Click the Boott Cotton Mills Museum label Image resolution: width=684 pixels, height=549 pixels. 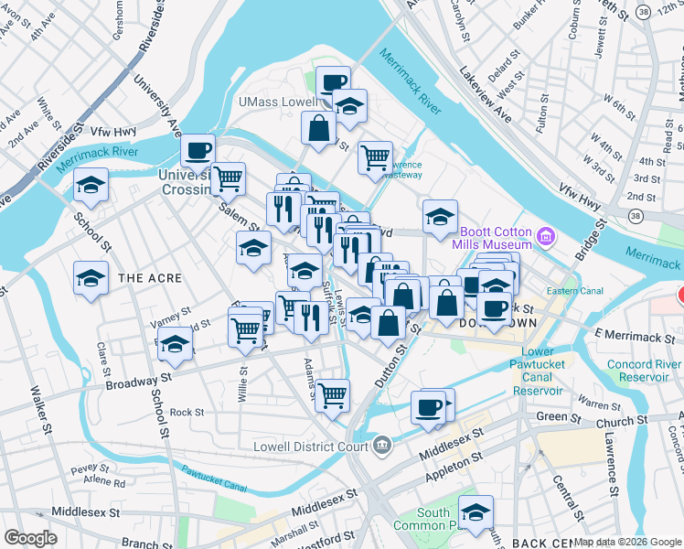tap(495, 238)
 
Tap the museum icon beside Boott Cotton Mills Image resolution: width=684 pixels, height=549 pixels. tap(546, 238)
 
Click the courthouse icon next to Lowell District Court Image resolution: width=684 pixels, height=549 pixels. tap(382, 447)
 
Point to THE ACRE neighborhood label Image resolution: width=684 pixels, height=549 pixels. tap(150, 277)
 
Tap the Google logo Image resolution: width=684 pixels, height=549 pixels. tap(30, 538)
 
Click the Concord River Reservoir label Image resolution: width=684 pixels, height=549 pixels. tap(645, 371)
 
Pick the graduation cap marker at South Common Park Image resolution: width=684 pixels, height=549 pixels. tap(476, 512)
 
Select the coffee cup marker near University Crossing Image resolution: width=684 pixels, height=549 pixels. tap(197, 150)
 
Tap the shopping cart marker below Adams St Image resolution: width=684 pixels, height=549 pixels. tap(332, 394)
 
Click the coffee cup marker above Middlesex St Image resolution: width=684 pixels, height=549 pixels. tap(428, 407)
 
